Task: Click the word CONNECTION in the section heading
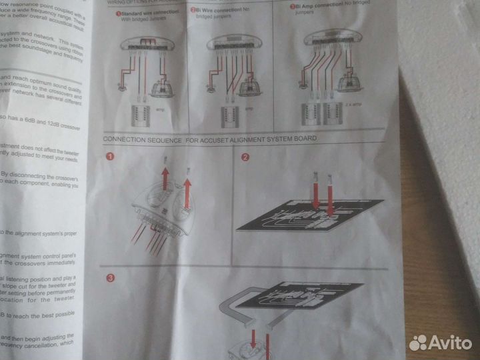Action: coord(124,139)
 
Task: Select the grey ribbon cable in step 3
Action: coord(233,310)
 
